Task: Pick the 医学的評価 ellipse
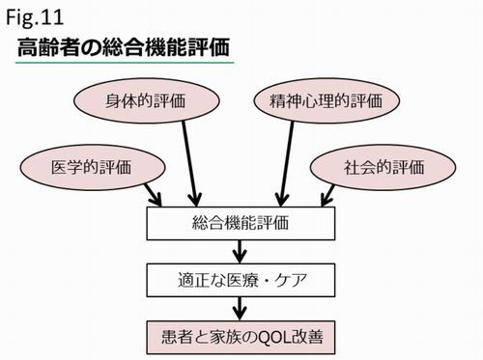pyautogui.click(x=91, y=166)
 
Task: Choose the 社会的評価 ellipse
pyautogui.click(x=384, y=166)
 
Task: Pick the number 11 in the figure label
pyautogui.click(x=53, y=16)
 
